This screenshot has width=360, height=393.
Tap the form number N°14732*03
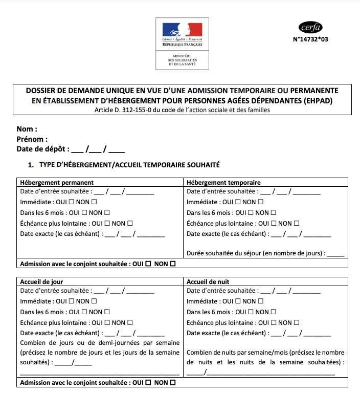(310, 39)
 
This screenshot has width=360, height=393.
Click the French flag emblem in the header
(182, 30)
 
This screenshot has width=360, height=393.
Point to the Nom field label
(27, 129)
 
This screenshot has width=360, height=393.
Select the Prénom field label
(32, 139)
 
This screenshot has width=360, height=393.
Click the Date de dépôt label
(43, 149)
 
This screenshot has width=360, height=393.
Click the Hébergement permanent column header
(57, 182)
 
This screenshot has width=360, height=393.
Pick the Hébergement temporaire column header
(224, 182)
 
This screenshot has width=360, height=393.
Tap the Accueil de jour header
(42, 281)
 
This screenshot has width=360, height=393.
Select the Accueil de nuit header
(208, 281)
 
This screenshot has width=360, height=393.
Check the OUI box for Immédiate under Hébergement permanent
(72, 202)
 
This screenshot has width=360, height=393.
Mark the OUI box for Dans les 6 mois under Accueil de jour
(84, 312)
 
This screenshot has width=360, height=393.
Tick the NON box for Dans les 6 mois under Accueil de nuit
(273, 312)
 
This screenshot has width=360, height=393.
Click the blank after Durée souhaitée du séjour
(335, 253)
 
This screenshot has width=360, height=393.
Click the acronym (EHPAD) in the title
(315, 100)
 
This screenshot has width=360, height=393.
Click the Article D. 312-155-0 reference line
(182, 110)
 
